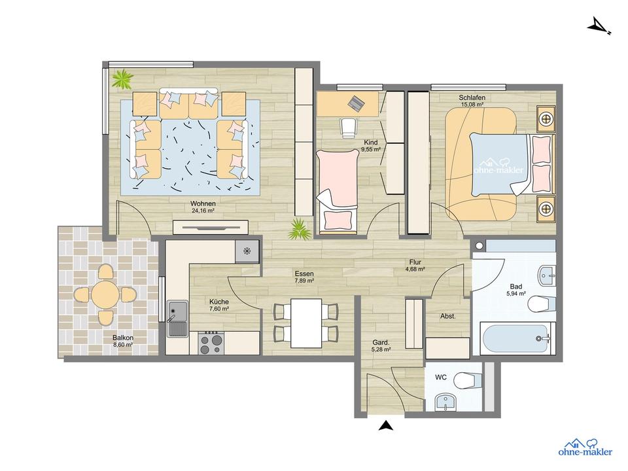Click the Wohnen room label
(x=203, y=203)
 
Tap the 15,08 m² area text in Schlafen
(x=472, y=105)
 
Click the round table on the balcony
(x=105, y=295)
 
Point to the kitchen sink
(x=177, y=318)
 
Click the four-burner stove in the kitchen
(x=211, y=342)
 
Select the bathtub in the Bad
(x=517, y=339)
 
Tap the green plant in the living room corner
(x=121, y=80)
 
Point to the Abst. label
(x=447, y=316)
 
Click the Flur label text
(x=415, y=262)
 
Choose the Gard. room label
(x=381, y=342)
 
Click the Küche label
(x=218, y=302)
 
